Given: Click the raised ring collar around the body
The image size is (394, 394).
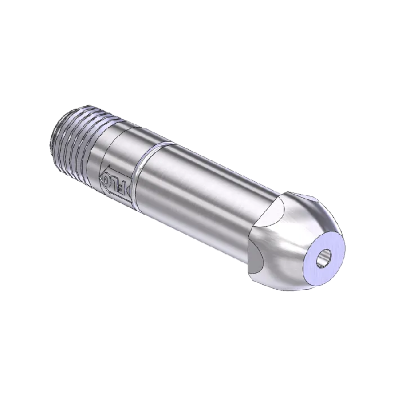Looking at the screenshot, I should (x=140, y=174).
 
